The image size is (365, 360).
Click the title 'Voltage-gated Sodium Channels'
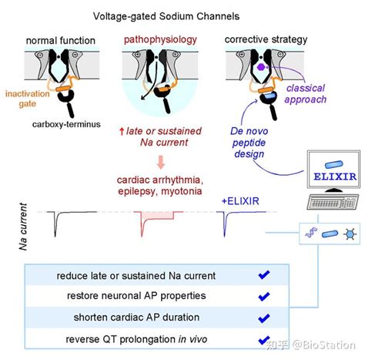coord(166,16)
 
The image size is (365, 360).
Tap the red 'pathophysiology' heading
coord(160,40)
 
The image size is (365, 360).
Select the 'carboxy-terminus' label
coord(66,124)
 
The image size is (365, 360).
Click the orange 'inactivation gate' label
coord(28,99)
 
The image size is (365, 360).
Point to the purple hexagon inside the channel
coord(261,67)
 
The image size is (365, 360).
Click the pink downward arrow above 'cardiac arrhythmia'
coord(161,162)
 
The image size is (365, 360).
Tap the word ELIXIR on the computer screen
coord(335,177)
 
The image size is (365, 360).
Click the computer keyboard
coord(333,202)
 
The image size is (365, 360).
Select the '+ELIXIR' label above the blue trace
coord(240,201)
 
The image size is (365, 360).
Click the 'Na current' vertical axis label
coord(23,227)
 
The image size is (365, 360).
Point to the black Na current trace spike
coord(55,223)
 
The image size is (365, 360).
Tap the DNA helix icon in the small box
coord(311,232)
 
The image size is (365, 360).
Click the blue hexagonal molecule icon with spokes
coord(350,234)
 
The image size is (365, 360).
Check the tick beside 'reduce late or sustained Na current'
coord(264,275)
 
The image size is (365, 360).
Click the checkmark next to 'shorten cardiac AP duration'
coord(264,318)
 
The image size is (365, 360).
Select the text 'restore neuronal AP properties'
coord(136,296)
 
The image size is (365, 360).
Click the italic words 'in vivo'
coord(193,339)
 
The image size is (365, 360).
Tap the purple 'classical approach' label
coord(306,94)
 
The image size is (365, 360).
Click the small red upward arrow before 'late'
coord(122,132)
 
